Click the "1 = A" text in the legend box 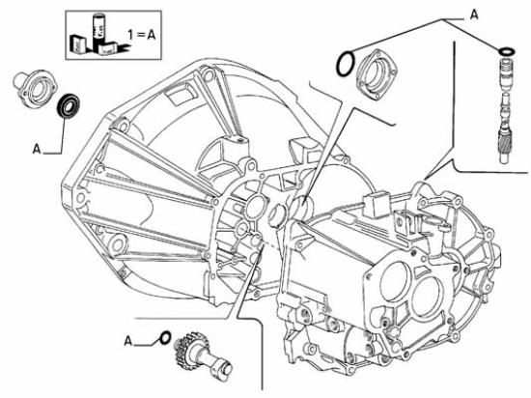(142, 35)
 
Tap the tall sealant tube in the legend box (98, 30)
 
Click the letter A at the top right (474, 14)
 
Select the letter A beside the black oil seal (37, 149)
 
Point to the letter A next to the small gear (127, 341)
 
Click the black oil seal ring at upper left (69, 106)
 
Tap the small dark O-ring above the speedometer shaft (507, 51)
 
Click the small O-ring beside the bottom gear (165, 337)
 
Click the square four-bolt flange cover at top (377, 74)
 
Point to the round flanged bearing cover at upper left (35, 89)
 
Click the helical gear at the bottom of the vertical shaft (506, 144)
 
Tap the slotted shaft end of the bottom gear (223, 368)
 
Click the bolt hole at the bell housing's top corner (209, 73)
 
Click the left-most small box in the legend (77, 43)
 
